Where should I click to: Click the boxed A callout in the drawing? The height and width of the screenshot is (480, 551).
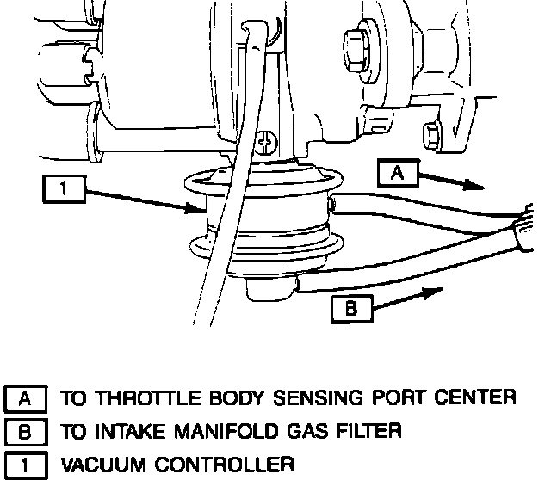click(x=397, y=173)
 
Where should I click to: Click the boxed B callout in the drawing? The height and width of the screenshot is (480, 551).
click(x=350, y=308)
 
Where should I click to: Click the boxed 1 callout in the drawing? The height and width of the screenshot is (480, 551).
click(x=65, y=188)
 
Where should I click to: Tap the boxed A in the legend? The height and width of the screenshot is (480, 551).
click(x=25, y=397)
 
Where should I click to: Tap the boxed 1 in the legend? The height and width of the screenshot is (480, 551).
click(x=25, y=465)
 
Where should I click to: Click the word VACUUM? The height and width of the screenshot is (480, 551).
click(x=100, y=465)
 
